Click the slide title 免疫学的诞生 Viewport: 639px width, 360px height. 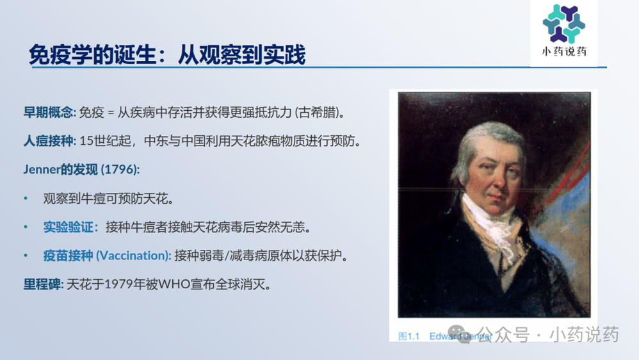point(93,55)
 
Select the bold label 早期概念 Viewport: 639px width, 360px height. point(49,113)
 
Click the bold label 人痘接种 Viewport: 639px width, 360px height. point(49,141)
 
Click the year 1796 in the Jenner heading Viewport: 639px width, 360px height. point(119,170)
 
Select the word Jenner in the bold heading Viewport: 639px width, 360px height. point(42,170)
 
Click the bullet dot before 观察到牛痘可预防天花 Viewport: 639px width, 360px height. point(26,199)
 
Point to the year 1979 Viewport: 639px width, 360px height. point(118,283)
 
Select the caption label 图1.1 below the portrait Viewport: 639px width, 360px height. point(408,336)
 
